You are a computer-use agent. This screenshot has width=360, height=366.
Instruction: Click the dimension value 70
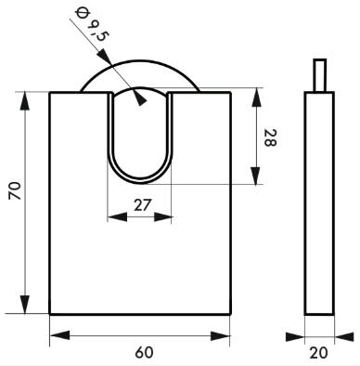click(15, 190)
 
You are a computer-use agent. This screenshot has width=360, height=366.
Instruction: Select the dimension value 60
click(144, 353)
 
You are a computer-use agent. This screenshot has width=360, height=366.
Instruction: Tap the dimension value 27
click(143, 205)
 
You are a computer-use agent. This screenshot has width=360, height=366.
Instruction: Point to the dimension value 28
click(270, 137)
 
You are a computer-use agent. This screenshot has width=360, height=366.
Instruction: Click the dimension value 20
click(318, 353)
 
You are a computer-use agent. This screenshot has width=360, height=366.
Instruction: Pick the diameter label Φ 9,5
click(92, 25)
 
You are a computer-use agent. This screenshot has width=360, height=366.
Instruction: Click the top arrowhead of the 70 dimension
click(25, 101)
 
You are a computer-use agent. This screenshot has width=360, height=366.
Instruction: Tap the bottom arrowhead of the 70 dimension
click(25, 305)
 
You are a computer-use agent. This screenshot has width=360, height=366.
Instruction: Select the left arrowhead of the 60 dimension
click(59, 335)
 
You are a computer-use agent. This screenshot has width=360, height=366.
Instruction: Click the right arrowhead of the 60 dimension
click(220, 336)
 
